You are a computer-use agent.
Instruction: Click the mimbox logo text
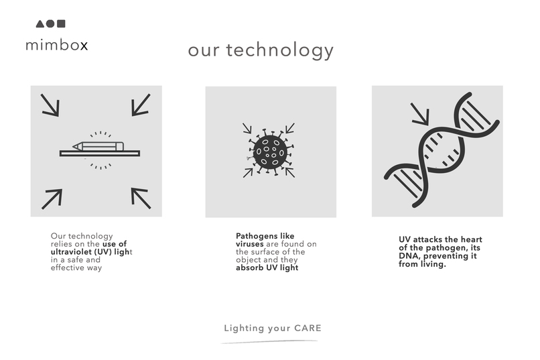(56, 46)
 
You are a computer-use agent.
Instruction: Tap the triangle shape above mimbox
(40, 24)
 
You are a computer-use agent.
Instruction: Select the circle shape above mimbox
(50, 24)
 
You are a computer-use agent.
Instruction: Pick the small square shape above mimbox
(61, 24)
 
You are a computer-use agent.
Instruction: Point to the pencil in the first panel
(98, 145)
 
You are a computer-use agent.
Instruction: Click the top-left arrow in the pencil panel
(50, 105)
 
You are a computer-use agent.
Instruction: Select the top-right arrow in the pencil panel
(141, 105)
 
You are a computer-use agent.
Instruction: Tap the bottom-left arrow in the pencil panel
(52, 198)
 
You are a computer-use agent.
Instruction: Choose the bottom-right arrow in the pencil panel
(141, 198)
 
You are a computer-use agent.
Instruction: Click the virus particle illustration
(270, 150)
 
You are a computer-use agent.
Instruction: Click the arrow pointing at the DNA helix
(420, 115)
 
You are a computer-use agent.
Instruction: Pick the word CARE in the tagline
(308, 328)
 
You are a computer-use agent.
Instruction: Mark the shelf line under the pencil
(100, 154)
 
